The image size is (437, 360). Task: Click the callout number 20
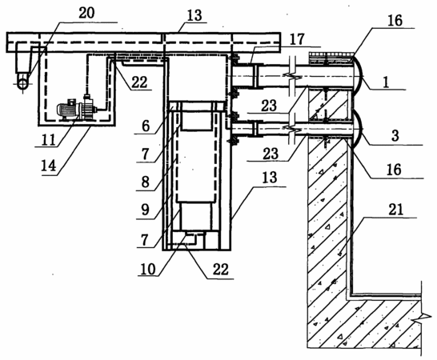[x=86, y=13]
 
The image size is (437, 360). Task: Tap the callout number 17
[x=297, y=39]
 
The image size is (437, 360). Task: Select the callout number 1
[x=386, y=82]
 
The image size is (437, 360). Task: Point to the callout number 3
[x=395, y=136]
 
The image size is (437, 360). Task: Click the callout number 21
[x=395, y=209]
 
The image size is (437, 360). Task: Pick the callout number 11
[x=49, y=139]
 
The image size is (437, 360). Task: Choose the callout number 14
[x=49, y=166]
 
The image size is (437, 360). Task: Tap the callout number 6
[x=146, y=126]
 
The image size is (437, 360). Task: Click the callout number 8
[x=146, y=182]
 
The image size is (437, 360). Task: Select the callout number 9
[x=146, y=210]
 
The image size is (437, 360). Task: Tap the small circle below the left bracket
[x=22, y=83]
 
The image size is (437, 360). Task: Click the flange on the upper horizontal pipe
[x=255, y=76]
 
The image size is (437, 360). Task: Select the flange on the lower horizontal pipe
[x=255, y=129]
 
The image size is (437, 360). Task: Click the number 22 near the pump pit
[x=139, y=82]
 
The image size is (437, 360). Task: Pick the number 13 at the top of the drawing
[x=194, y=16]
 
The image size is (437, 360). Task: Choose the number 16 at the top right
[x=395, y=21]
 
